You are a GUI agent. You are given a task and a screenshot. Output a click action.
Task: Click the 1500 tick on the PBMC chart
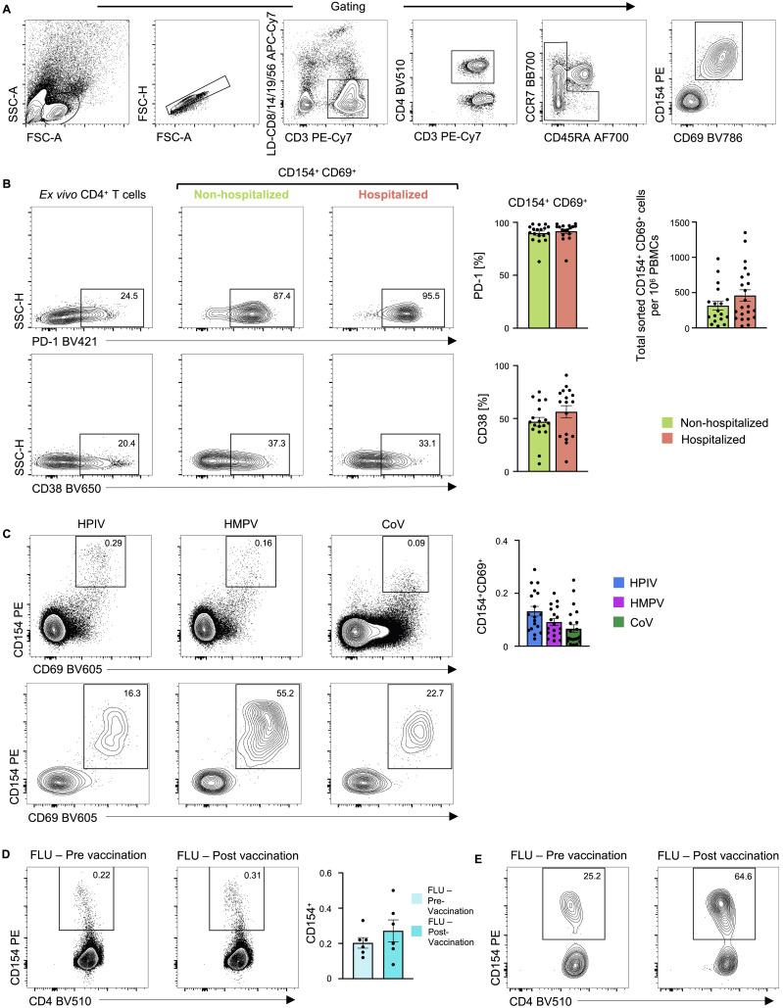[651, 223]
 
